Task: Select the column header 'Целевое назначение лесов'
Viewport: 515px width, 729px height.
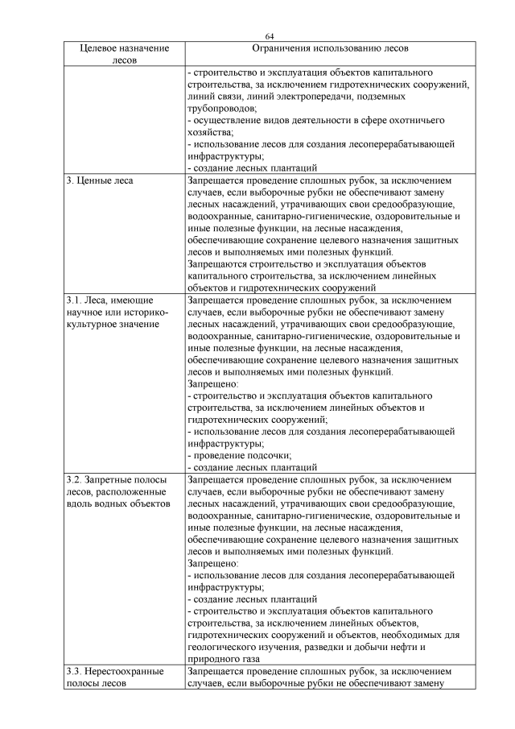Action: pos(125,54)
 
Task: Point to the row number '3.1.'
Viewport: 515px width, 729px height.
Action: pos(75,300)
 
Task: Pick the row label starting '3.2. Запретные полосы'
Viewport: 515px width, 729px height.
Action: pos(115,479)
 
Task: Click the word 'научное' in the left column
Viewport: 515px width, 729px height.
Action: pos(84,313)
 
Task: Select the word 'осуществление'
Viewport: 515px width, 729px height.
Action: pos(227,120)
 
